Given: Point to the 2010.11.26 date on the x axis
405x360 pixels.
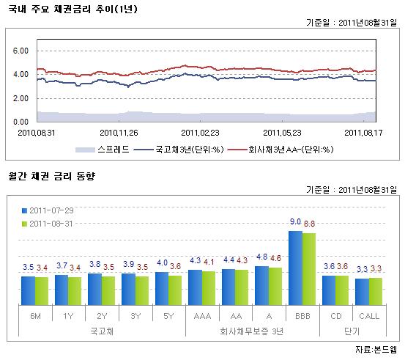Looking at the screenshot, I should (x=119, y=133).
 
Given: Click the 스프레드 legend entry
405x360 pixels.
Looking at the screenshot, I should (x=108, y=149).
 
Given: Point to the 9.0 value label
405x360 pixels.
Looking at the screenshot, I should (x=295, y=221).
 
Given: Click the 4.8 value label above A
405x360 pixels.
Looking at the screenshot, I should (x=262, y=257).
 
